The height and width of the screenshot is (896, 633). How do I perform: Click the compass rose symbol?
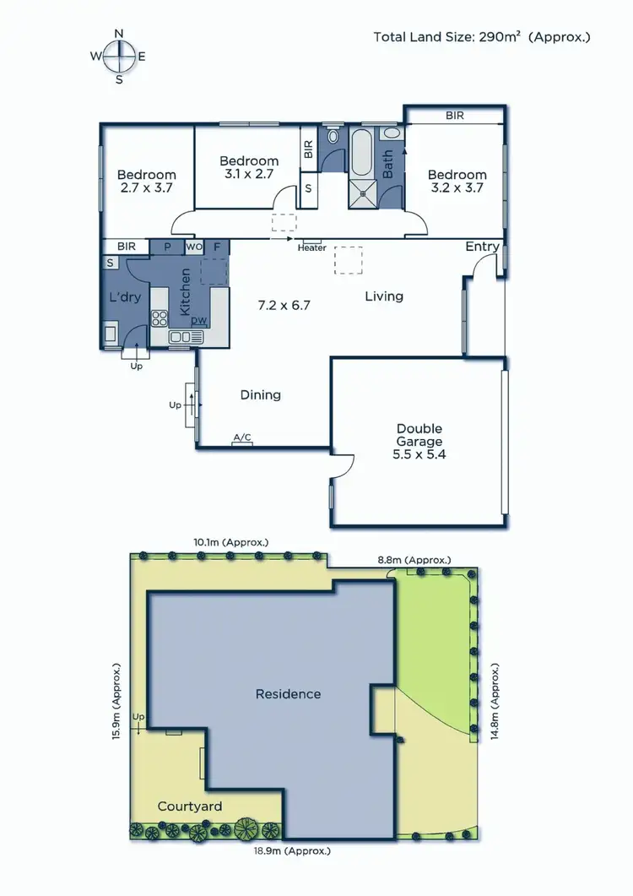119,57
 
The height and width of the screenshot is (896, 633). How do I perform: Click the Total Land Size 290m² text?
482,37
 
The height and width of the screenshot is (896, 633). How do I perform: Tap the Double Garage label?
419,441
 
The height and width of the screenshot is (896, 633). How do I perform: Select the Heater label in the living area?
311,247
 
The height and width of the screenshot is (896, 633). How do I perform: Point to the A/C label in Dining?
242,437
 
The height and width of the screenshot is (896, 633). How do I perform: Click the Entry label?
482,247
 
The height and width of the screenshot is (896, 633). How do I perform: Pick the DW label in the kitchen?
199,320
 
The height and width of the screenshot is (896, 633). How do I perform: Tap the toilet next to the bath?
333,135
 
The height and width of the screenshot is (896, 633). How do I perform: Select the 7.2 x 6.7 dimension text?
284,305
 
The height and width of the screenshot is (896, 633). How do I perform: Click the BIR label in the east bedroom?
454,116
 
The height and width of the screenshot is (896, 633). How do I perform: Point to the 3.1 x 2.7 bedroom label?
249,167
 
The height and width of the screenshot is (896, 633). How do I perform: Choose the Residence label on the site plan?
289,693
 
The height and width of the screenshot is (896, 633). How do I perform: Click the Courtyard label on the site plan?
190,806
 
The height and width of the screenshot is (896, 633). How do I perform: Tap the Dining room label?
261,394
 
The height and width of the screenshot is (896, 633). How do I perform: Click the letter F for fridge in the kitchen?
217,247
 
